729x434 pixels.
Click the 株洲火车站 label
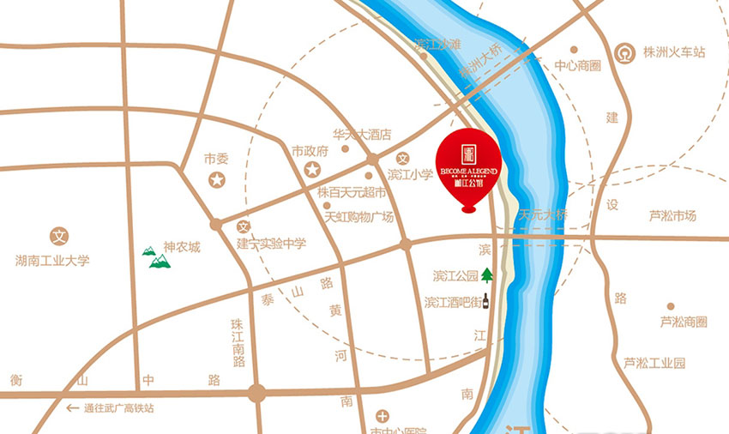675,52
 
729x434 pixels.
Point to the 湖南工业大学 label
52,260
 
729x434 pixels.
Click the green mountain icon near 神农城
157,256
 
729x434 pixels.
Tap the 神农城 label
182,247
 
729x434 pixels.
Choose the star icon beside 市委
218,180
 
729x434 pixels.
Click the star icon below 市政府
310,168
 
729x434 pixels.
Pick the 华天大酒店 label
362,135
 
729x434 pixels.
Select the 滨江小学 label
411,174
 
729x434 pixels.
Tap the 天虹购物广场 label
359,217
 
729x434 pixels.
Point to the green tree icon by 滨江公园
487,275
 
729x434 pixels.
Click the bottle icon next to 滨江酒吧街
486,302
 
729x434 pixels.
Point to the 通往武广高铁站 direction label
119,408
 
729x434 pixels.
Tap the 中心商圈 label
576,65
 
